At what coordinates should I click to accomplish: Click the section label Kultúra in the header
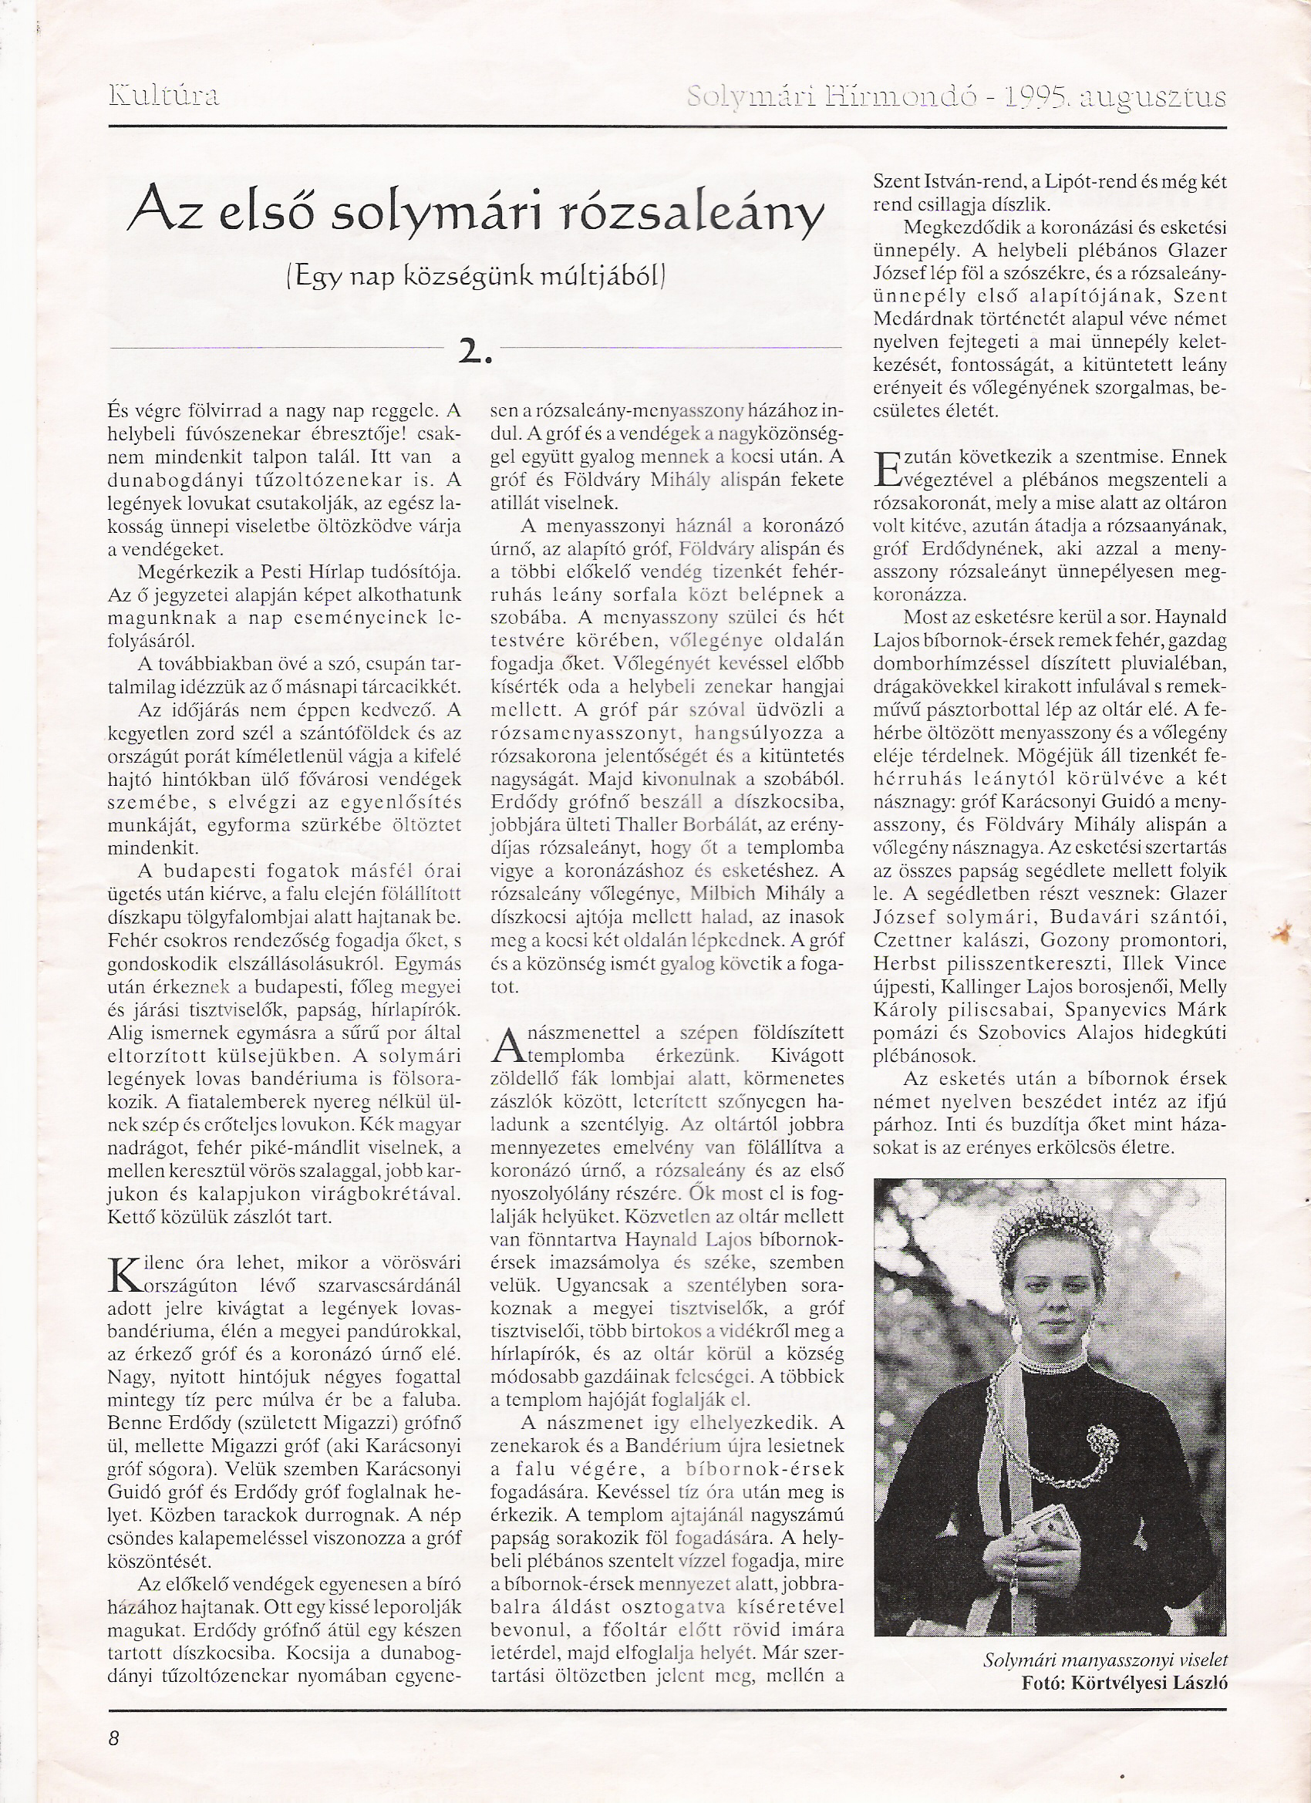pos(163,96)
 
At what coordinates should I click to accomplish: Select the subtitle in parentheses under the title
pos(474,276)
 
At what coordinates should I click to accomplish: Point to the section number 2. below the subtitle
pos(474,352)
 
